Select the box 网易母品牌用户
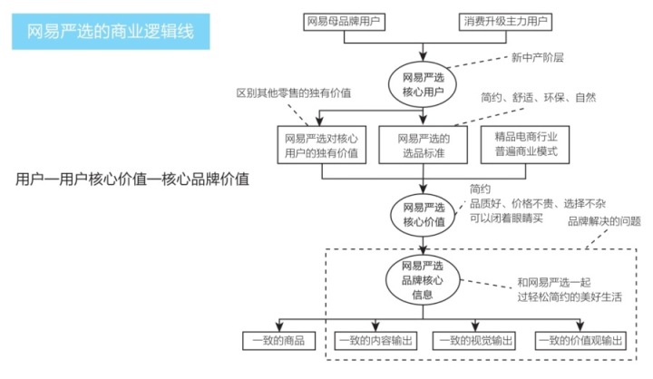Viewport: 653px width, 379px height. (x=345, y=19)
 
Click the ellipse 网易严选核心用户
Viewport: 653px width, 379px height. (x=419, y=83)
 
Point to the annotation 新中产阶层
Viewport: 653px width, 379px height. (x=539, y=57)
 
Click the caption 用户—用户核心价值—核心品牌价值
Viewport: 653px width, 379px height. (x=132, y=179)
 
